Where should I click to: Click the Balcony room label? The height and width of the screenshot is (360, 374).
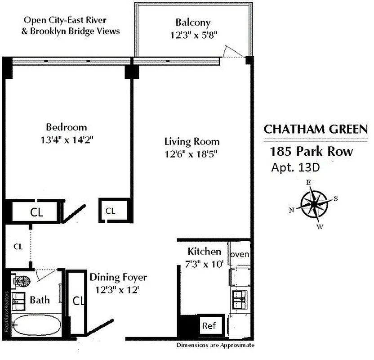(x=193, y=22)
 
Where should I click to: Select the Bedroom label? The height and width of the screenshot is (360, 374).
(x=66, y=127)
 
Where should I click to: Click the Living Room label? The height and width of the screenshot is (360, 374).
(x=191, y=142)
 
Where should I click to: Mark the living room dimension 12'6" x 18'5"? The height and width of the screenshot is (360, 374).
(x=191, y=154)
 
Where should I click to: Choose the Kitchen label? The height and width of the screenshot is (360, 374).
(x=204, y=252)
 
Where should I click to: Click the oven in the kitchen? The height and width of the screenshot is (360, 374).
(x=240, y=255)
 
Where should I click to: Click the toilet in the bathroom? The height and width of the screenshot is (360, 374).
(x=21, y=281)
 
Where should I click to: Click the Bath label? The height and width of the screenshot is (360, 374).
(x=40, y=300)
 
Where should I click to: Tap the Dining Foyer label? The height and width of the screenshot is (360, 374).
(x=118, y=278)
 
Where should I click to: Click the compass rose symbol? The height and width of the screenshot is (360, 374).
(x=314, y=203)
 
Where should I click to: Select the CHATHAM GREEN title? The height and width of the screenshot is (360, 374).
(x=315, y=129)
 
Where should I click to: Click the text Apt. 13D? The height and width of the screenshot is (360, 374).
(x=295, y=167)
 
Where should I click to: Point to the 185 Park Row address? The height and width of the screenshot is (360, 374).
(x=311, y=151)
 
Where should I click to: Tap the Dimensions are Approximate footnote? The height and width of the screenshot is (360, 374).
(x=215, y=346)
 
